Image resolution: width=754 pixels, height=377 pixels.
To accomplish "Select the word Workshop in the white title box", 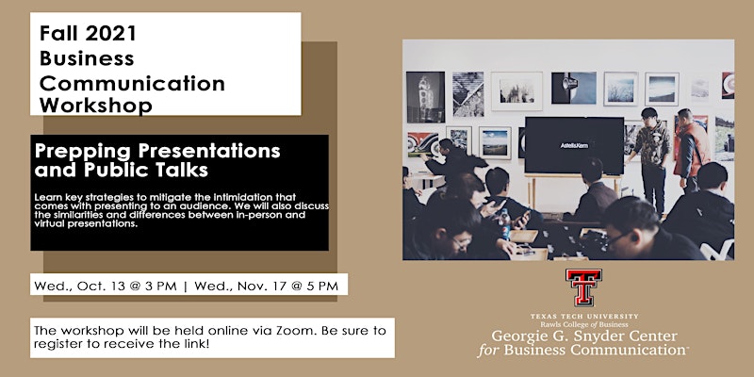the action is pyautogui.click(x=96, y=106).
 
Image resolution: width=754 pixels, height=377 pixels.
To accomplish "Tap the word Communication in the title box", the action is pyautogui.click(x=132, y=83).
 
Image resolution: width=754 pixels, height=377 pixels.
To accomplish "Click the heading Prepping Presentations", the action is pyautogui.click(x=157, y=151).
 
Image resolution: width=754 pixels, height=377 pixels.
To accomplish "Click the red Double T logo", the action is pyautogui.click(x=583, y=287).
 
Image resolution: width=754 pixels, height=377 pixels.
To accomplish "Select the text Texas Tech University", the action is pyautogui.click(x=584, y=317).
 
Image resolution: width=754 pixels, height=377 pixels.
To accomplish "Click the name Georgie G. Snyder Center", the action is pyautogui.click(x=583, y=336).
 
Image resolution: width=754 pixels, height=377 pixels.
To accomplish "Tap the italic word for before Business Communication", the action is pyautogui.click(x=488, y=350).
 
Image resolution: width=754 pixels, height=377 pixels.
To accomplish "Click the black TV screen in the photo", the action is pyautogui.click(x=574, y=145).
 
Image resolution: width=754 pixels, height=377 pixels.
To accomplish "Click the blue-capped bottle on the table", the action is pyautogui.click(x=504, y=224).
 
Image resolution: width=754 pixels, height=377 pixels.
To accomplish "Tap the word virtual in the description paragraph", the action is pyautogui.click(x=49, y=222).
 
